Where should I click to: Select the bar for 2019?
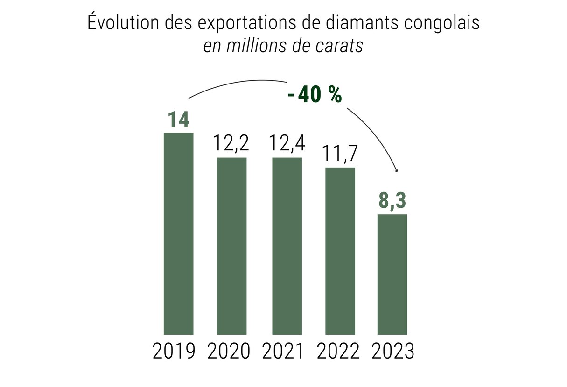click(x=178, y=233)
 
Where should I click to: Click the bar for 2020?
click(x=231, y=246)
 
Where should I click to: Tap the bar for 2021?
click(x=287, y=246)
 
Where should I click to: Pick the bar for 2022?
click(x=340, y=251)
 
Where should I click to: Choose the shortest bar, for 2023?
click(x=392, y=274)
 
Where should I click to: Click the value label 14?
click(x=178, y=120)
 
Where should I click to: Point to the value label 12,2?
click(x=231, y=143)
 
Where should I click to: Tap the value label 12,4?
click(x=287, y=143)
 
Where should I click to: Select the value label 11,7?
click(x=340, y=154)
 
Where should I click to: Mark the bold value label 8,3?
click(x=392, y=202)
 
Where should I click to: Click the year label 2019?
click(x=174, y=352)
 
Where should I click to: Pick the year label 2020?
click(x=229, y=352)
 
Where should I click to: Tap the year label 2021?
click(x=283, y=352)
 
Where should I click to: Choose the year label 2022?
click(x=338, y=352)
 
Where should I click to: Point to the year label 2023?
click(x=393, y=352)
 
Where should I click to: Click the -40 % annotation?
click(x=315, y=96)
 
